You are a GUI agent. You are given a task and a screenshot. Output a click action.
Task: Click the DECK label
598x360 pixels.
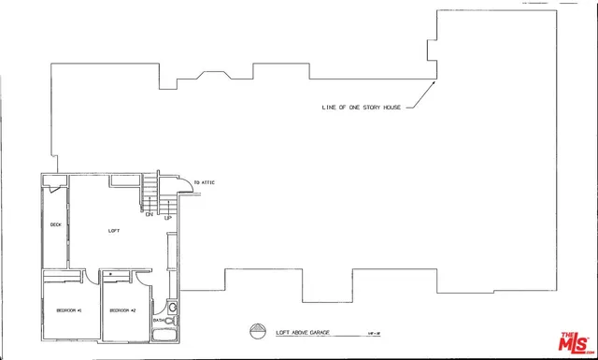coord(55,224)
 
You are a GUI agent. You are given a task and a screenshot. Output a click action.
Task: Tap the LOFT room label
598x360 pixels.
coord(114,230)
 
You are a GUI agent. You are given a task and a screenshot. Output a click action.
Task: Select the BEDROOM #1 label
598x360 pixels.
coord(70,310)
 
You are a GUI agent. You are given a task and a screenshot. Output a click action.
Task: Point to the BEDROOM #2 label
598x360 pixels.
coord(123,310)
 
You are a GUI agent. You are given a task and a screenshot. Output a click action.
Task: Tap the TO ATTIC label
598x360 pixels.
coord(204,181)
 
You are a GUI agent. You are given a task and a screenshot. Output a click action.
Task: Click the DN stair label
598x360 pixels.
coord(149,215)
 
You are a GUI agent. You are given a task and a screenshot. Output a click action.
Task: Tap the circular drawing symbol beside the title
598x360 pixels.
coord(258,330)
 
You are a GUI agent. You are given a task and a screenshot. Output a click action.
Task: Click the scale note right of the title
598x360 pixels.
coord(375,332)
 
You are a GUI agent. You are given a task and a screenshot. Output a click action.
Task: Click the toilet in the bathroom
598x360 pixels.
coord(172,306)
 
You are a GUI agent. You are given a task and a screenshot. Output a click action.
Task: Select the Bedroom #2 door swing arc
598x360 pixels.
coord(140,278)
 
